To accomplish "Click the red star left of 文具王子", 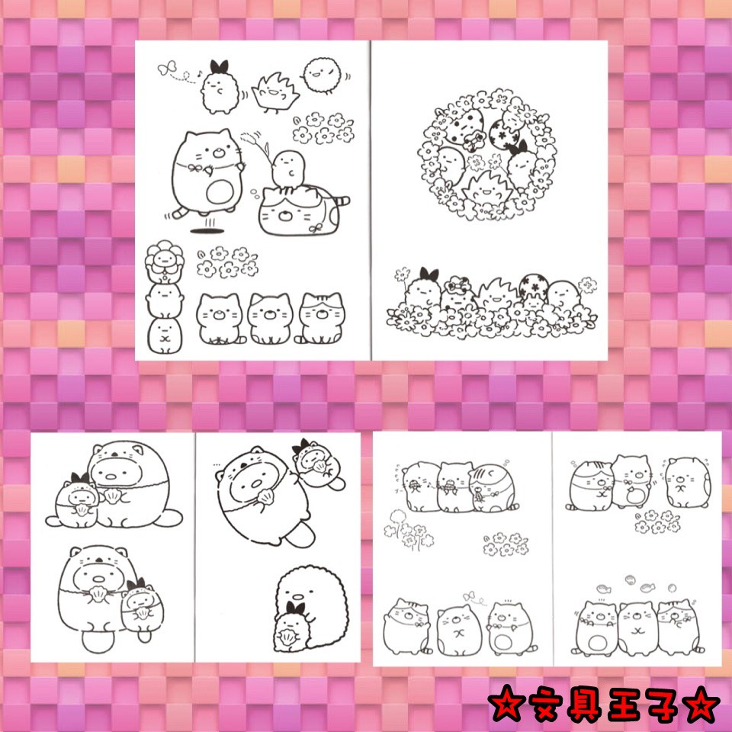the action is tap(506, 705).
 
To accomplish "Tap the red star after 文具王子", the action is tap(701, 705).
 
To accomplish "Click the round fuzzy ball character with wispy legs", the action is tap(322, 75).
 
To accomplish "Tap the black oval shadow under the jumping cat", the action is tap(207, 230).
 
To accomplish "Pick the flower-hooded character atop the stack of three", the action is tap(164, 261).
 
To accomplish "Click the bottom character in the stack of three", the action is tap(165, 335).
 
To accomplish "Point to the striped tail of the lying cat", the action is tap(342, 201).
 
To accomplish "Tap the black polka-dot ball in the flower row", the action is tap(534, 286).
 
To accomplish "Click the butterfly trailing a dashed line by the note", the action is tap(167, 68).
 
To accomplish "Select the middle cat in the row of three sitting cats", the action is tap(270, 319).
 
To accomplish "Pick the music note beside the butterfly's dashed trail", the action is tap(199, 74).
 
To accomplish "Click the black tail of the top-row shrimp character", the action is tap(219, 67).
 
